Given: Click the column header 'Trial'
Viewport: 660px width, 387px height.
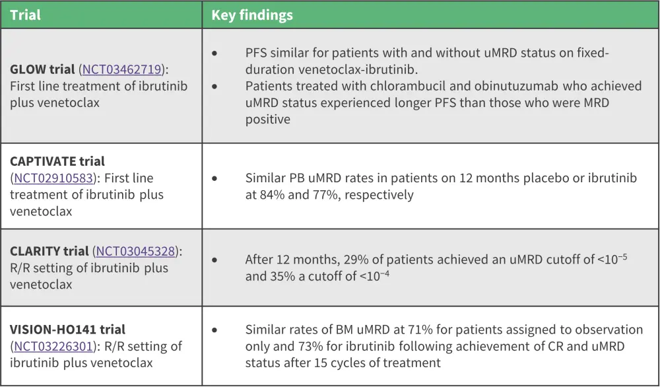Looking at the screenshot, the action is [x=25, y=15].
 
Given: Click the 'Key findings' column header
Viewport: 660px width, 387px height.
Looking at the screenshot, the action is [x=251, y=15].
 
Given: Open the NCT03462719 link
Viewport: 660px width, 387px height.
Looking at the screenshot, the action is [x=122, y=69].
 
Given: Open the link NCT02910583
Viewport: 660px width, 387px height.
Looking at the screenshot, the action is [x=53, y=178].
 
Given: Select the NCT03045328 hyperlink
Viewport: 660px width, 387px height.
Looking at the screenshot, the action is [x=135, y=252].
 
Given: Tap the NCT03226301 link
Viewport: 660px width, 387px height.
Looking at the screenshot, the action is [x=53, y=346].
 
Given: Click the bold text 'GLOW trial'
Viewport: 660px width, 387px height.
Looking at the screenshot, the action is [x=42, y=69].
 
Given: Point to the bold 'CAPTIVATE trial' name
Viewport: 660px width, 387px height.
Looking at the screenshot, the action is [x=57, y=161].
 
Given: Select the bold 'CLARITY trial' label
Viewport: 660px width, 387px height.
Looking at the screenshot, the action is [x=49, y=252].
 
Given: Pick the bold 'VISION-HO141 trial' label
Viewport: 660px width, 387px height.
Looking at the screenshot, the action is [x=68, y=330].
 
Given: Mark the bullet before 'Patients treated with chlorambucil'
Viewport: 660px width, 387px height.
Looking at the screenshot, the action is [x=214, y=87].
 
